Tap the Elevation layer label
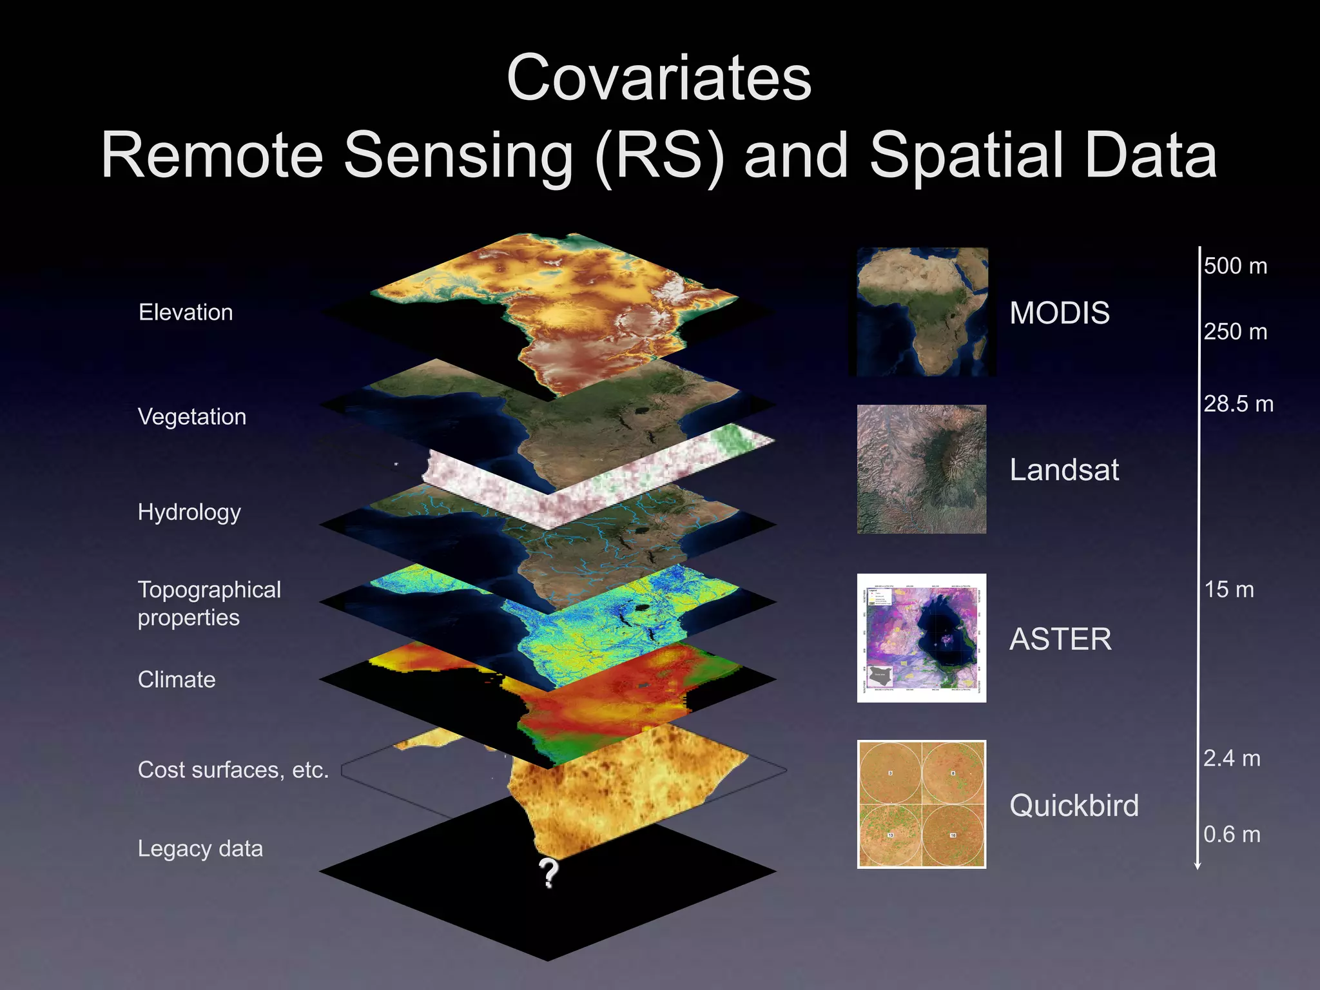[186, 313]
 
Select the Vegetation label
[192, 417]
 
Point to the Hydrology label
[189, 512]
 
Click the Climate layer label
[177, 680]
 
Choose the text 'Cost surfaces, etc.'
[233, 770]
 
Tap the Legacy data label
[200, 849]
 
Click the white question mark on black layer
[548, 873]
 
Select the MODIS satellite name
[1060, 313]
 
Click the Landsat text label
[1064, 470]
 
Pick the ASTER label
[1060, 639]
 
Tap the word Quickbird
[1074, 806]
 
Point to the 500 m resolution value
[1236, 266]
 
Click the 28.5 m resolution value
[1238, 404]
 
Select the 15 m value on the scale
[1229, 590]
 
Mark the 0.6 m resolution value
[1232, 835]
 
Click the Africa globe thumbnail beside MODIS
[922, 312]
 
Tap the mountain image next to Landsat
[922, 469]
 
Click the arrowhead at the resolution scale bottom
[1198, 866]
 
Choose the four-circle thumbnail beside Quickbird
[922, 804]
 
